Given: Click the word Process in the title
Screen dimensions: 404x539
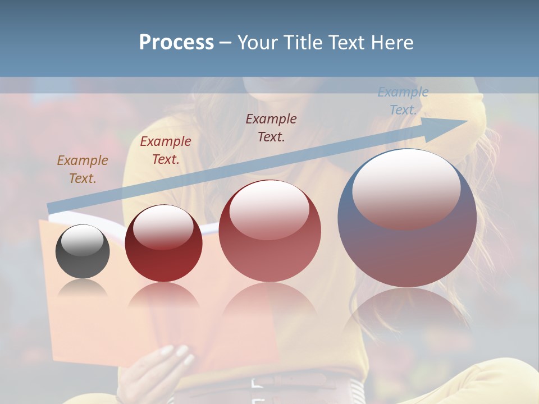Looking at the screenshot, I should pos(176,43).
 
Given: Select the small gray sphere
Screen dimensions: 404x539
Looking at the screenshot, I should pos(83,251).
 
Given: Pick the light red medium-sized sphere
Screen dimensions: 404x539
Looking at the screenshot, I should pos(269,231).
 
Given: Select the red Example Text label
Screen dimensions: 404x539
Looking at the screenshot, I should pos(166,150).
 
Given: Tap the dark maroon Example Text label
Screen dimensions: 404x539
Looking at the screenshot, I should pos(271,128).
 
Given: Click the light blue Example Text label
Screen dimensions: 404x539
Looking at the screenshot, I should pos(403,101).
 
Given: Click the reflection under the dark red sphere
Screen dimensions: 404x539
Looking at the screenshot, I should pos(163,295).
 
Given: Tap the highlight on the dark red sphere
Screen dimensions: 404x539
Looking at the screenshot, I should pos(163,226).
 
